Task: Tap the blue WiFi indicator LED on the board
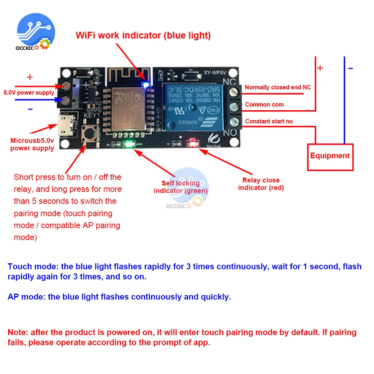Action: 146,85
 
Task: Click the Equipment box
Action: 330,156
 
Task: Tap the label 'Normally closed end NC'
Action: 278,87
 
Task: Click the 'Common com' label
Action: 264,104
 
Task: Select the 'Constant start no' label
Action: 269,121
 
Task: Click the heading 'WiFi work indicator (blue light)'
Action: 143,36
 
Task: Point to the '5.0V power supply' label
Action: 29,92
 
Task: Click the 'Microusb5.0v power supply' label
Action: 32,144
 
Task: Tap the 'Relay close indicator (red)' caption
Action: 261,184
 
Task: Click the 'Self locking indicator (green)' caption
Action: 181,187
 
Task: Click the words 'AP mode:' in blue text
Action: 27,297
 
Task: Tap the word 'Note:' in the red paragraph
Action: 18,332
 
